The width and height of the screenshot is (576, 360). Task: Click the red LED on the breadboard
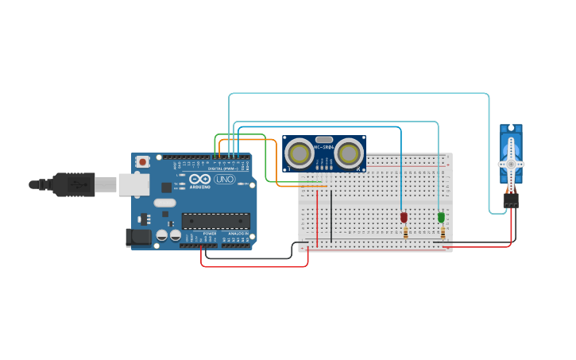click(x=404, y=217)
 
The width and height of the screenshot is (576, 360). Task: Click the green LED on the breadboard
click(x=441, y=217)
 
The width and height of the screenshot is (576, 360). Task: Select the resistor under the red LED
click(x=405, y=233)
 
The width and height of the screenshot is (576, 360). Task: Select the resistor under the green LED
click(x=443, y=233)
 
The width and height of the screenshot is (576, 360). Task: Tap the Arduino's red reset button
click(x=142, y=162)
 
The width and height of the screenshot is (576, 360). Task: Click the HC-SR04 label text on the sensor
click(x=324, y=146)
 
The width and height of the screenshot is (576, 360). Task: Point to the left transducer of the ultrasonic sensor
click(x=300, y=151)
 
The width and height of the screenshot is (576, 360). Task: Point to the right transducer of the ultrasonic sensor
click(x=349, y=151)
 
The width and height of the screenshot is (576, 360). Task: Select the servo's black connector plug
click(x=510, y=200)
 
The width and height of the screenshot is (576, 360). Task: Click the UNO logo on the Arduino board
click(x=225, y=179)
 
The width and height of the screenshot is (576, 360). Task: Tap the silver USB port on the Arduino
click(x=133, y=184)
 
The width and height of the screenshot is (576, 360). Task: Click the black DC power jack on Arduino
click(x=138, y=236)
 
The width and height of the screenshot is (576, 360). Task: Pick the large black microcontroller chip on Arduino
click(x=215, y=221)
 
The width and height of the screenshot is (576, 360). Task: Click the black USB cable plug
click(x=75, y=184)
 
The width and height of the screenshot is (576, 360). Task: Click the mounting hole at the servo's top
click(x=511, y=128)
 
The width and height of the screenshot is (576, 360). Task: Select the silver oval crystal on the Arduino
click(x=164, y=203)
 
